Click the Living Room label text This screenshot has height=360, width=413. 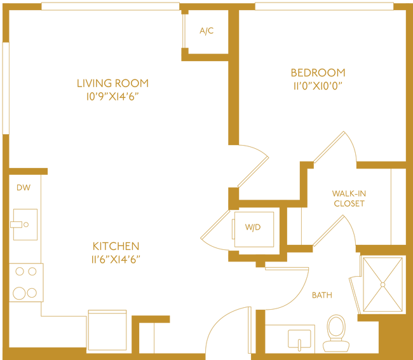point(112,83)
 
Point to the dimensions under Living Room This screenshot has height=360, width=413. point(112,97)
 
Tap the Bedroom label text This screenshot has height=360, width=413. point(318,72)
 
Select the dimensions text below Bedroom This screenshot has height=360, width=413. point(318,87)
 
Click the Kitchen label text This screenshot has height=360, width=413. point(116,246)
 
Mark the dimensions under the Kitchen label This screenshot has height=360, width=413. point(116,260)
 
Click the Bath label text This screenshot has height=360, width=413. point(322,294)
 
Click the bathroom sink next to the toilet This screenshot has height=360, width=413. point(299,339)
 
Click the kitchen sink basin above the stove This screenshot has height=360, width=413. point(24,224)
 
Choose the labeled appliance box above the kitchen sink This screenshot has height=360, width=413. point(24,187)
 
